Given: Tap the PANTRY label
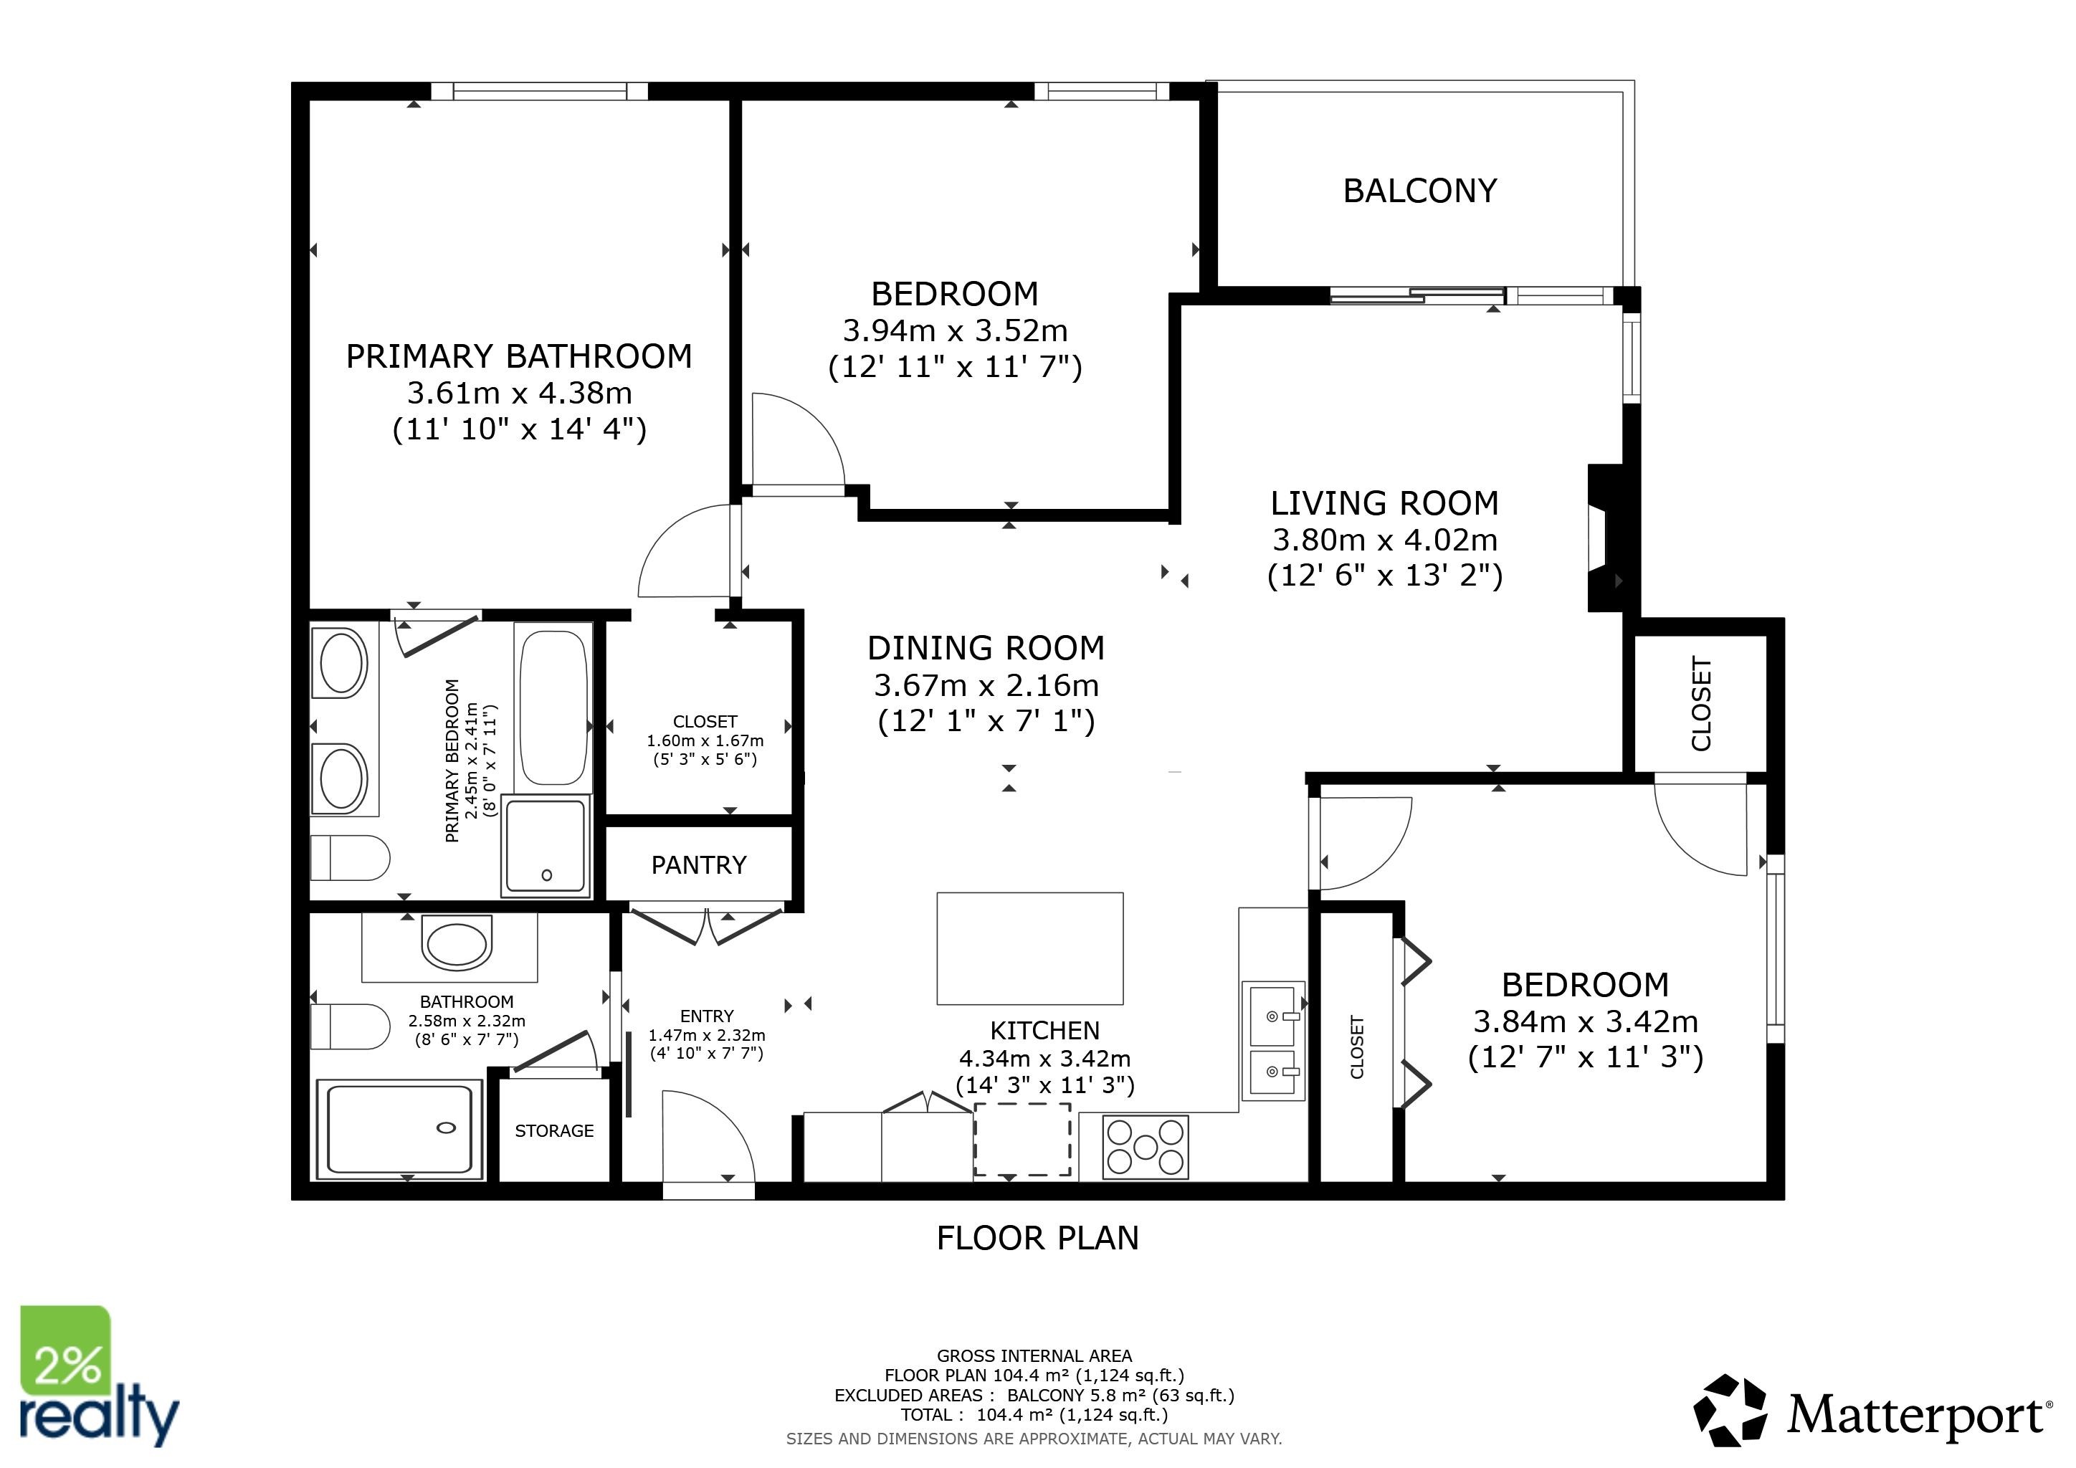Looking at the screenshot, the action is point(699,865).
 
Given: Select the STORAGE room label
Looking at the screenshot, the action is point(554,1131).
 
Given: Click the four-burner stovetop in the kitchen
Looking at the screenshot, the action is point(1146,1147).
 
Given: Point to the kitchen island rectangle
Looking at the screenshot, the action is point(1030,948).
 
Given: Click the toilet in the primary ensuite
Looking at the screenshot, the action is point(350,858).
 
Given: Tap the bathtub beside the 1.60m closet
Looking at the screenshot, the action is point(553,707).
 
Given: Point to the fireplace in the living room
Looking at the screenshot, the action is point(1606,538).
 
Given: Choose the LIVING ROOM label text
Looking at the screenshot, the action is point(1384,502).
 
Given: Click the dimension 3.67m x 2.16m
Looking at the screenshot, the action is point(986,685).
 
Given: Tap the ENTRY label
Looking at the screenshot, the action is point(707,1016).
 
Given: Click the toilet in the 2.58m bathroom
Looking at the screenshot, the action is point(350,1026).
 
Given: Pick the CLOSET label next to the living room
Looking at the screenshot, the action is point(1701,703).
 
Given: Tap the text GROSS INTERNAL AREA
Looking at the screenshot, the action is point(1034,1356).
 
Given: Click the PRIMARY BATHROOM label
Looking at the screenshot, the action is point(519,356).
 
